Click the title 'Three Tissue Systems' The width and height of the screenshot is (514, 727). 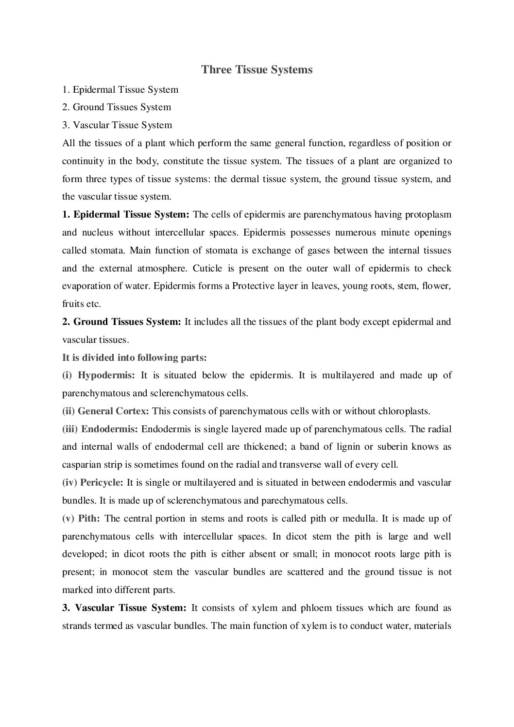pyautogui.click(x=257, y=70)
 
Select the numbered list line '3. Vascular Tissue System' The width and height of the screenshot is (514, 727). pyautogui.click(x=117, y=125)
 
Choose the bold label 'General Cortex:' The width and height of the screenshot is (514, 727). pyautogui.click(x=113, y=411)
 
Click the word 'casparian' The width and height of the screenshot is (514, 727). pyautogui.click(x=81, y=465)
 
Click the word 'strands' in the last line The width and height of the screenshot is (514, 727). pyautogui.click(x=76, y=626)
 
